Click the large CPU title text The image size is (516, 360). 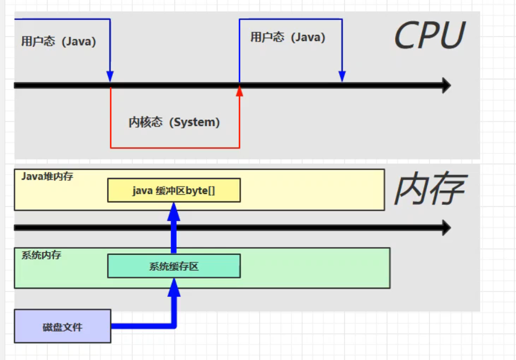point(430,36)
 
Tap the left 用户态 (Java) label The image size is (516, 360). point(59,42)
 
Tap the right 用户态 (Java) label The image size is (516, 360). point(288,38)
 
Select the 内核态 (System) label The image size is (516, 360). point(174,122)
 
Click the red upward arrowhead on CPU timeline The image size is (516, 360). point(239,90)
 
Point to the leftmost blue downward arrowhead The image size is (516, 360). point(110,77)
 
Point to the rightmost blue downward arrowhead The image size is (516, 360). point(342,77)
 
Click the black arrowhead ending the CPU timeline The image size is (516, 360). point(445,86)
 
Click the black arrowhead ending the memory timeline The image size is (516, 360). point(445,228)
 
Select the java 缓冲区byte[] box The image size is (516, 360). point(174,191)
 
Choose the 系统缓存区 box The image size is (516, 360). point(174,266)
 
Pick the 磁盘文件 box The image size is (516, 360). point(63,326)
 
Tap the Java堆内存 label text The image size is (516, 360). point(47,176)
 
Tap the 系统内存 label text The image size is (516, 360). point(42,255)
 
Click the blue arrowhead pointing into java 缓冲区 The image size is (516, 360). point(174,212)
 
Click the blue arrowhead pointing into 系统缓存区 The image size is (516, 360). point(174,288)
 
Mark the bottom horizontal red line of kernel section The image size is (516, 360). point(174,148)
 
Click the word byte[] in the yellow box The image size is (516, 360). point(200,191)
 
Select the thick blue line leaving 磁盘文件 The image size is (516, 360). point(143,326)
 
